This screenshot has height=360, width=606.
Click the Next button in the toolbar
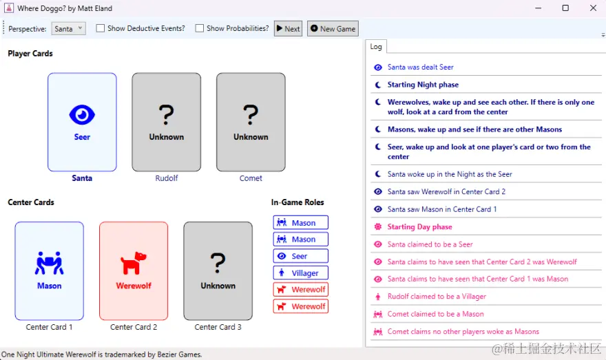[x=289, y=29]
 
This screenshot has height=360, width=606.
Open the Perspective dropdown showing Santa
[x=68, y=29]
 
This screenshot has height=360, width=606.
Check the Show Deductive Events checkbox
[x=100, y=28]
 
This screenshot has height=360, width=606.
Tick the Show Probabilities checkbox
[x=200, y=28]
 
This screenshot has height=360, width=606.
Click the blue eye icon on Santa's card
[x=82, y=115]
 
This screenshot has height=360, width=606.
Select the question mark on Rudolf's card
[x=166, y=115]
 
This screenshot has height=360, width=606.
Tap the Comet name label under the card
[x=251, y=178]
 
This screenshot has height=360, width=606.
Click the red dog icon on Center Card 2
[x=134, y=263]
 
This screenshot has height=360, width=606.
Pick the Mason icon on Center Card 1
[x=49, y=263]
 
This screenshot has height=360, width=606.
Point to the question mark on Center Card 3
[x=218, y=263]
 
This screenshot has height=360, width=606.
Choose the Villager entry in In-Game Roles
[x=301, y=273]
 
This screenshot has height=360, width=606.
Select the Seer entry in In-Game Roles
[x=301, y=256]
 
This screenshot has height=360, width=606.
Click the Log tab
[x=376, y=47]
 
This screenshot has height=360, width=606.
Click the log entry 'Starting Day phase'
[x=419, y=226]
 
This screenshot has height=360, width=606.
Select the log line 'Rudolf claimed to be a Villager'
[x=437, y=296]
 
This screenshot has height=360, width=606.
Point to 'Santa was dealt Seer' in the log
[x=421, y=67]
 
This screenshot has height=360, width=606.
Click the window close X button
[x=593, y=8]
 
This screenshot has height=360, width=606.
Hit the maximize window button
[x=565, y=8]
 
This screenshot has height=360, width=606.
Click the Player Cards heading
[x=30, y=54]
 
